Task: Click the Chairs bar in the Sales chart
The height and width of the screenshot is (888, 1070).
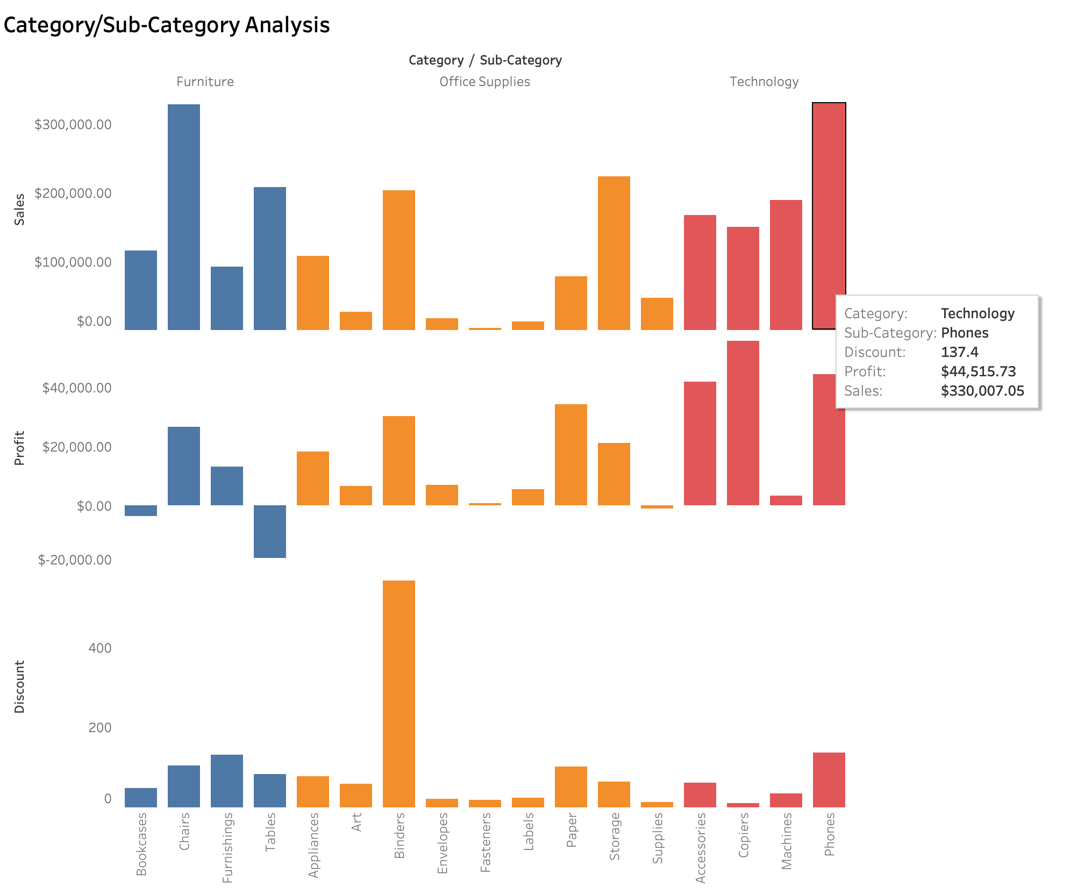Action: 183,217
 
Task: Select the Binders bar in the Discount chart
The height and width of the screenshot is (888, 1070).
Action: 398,693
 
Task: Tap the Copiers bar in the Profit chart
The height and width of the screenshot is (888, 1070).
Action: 743,422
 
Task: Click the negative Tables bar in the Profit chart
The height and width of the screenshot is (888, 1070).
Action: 269,531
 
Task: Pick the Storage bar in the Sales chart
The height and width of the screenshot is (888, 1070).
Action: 614,253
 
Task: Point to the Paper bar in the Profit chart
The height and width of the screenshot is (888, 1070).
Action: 570,454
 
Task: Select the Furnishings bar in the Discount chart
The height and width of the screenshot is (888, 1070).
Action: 226,780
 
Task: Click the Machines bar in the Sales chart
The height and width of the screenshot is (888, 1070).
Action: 786,264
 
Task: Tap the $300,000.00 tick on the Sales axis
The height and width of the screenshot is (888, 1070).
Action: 73,125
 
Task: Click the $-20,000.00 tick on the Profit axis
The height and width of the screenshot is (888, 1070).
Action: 75,560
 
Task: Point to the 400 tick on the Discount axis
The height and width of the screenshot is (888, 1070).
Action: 100,648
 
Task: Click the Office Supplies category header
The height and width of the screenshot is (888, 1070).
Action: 484,82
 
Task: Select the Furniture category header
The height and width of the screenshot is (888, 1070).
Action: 205,82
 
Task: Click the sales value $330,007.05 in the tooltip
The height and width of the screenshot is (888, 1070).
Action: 982,391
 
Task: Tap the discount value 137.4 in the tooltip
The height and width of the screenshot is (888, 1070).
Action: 959,352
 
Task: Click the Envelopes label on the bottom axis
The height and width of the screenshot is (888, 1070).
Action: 442,842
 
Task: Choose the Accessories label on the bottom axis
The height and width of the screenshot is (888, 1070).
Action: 700,847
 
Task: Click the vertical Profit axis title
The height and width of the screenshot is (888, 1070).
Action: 19,447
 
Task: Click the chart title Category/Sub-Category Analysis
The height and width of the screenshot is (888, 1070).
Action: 167,25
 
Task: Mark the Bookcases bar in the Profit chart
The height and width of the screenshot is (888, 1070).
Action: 140,511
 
